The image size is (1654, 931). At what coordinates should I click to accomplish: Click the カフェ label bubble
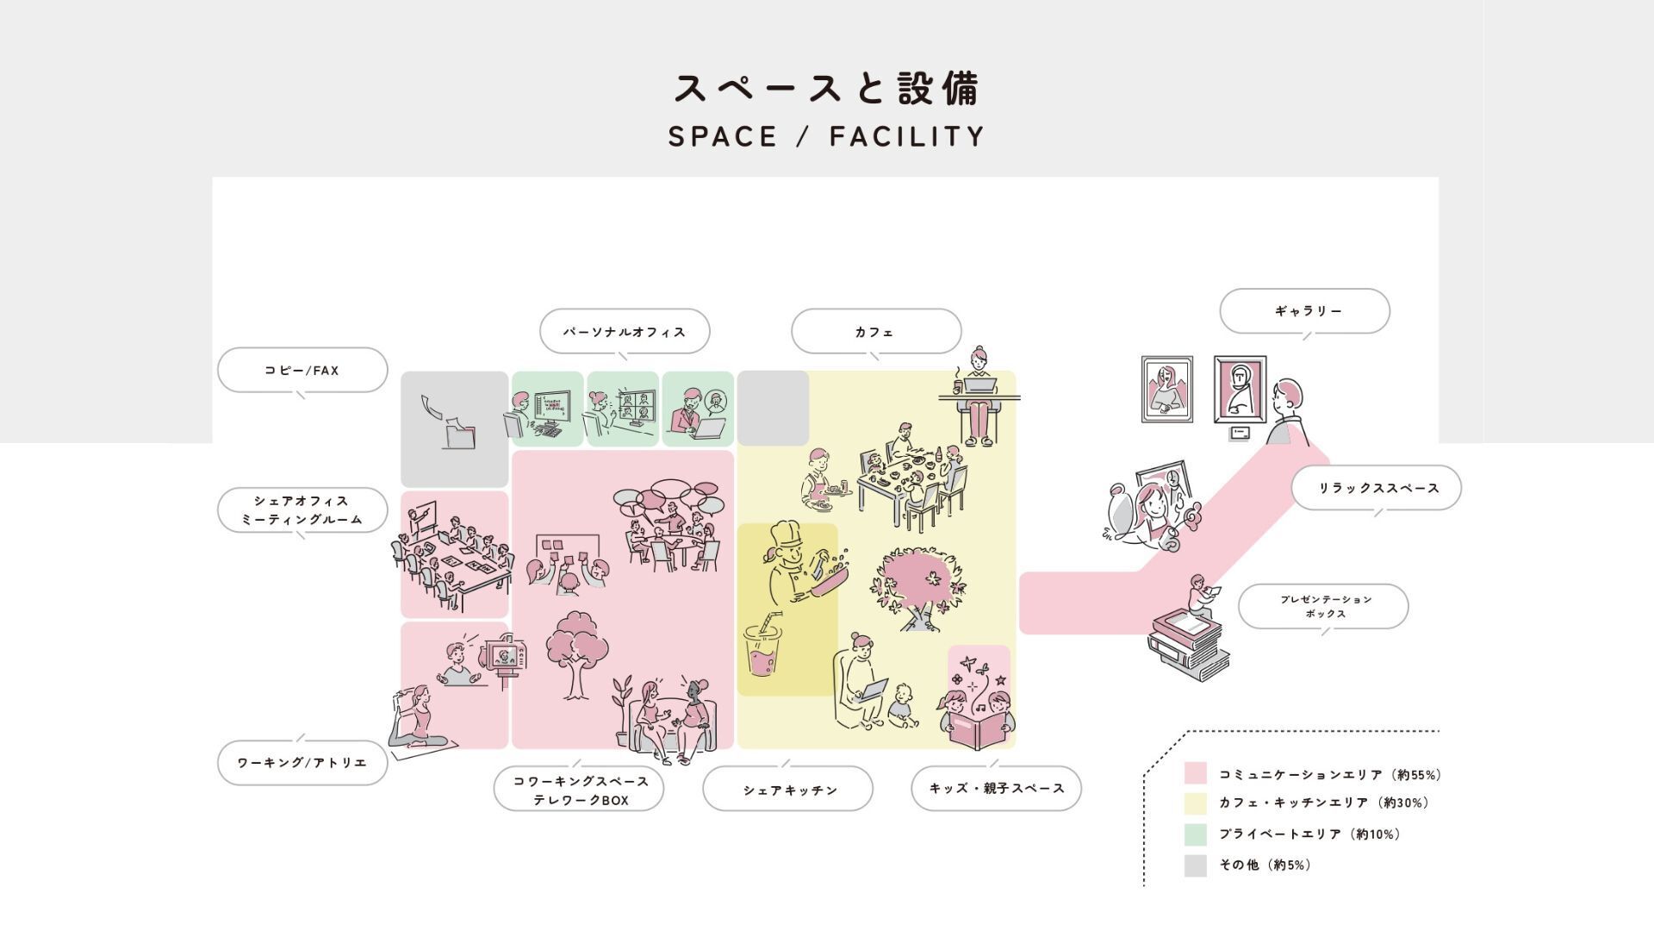pyautogui.click(x=875, y=332)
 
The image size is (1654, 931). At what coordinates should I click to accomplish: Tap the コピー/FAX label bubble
pyautogui.click(x=302, y=371)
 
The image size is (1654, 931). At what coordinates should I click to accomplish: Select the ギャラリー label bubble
pyautogui.click(x=1304, y=311)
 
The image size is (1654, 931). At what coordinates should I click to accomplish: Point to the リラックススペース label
pyautogui.click(x=1376, y=488)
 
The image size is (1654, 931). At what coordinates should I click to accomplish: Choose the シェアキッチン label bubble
pyautogui.click(x=787, y=789)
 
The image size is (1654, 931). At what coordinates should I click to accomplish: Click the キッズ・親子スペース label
pyautogui.click(x=996, y=788)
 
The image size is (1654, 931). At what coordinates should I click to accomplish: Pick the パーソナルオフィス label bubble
pyautogui.click(x=625, y=332)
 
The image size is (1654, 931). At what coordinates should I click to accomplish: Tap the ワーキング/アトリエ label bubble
pyautogui.click(x=302, y=763)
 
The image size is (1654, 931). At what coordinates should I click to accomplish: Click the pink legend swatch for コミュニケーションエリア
pyautogui.click(x=1195, y=773)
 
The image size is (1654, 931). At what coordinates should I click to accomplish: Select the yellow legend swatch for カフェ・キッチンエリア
pyautogui.click(x=1195, y=803)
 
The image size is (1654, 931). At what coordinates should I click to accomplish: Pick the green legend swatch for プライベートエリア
pyautogui.click(x=1195, y=834)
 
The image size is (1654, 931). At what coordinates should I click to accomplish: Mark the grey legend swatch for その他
pyautogui.click(x=1195, y=865)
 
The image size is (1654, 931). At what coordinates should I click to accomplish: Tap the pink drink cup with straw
pyautogui.click(x=762, y=651)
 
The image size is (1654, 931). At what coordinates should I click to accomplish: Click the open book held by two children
pyautogui.click(x=977, y=729)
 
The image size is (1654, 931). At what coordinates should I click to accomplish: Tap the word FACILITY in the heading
pyautogui.click(x=907, y=136)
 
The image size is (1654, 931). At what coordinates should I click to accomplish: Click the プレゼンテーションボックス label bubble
pyautogui.click(x=1323, y=607)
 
